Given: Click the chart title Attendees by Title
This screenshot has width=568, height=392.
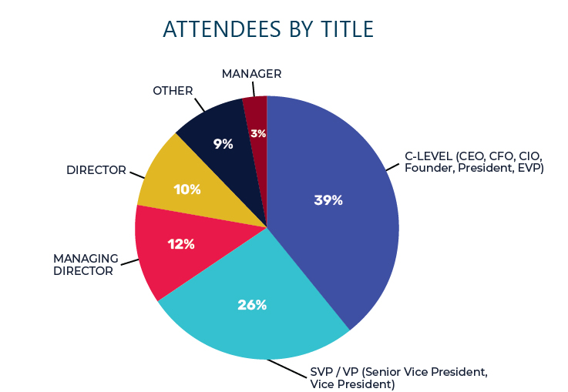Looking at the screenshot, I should [268, 30].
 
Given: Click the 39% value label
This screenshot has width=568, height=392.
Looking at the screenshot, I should [328, 200].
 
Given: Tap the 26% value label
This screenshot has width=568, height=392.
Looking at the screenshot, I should [252, 305].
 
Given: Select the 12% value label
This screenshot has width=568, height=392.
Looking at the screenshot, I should [181, 245].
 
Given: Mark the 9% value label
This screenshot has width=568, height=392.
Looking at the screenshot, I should [223, 144].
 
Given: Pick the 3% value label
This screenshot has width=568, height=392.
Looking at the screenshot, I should [258, 134].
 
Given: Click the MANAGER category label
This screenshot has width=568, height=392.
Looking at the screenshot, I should [251, 74].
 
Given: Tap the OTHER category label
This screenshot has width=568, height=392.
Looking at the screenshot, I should [173, 91].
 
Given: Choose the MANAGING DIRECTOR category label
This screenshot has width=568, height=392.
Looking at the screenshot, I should [85, 264].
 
